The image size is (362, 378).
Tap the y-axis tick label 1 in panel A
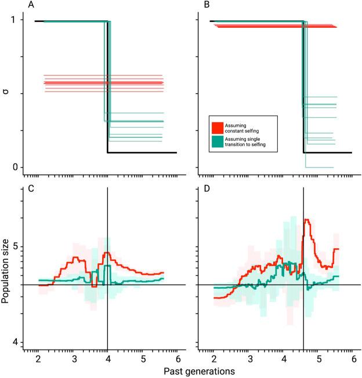coord(15,20)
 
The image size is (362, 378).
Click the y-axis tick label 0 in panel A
coord(15,168)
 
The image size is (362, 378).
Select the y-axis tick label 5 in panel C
coord(15,246)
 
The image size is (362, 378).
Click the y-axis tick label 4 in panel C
coord(15,343)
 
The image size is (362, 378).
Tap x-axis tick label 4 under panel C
coord(108,358)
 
